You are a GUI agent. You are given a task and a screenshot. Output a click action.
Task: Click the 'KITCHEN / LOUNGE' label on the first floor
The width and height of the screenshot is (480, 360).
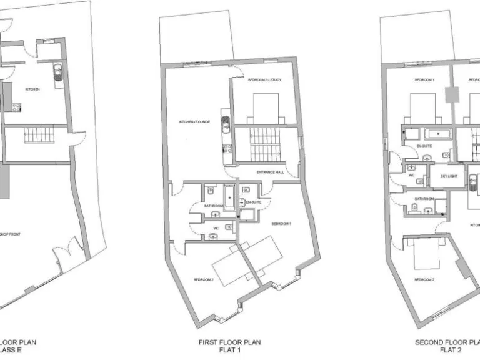pos(194,121)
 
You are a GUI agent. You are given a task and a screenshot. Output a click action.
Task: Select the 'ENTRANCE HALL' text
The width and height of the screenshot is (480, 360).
pos(271,172)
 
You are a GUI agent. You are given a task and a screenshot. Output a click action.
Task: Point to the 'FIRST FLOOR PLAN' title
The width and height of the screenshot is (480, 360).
pos(230,342)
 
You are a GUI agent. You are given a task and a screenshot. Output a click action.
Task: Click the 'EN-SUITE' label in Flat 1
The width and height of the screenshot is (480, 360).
pos(253,202)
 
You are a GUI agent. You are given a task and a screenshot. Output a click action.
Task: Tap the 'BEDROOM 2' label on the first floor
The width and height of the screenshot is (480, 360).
pos(204,279)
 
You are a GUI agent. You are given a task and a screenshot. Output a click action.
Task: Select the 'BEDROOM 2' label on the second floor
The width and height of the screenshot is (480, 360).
pos(424,279)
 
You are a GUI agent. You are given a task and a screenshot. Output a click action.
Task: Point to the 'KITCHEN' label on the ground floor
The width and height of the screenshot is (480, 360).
pos(32,89)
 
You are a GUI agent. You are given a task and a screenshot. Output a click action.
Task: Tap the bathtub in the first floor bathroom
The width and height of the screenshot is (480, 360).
pos(229,199)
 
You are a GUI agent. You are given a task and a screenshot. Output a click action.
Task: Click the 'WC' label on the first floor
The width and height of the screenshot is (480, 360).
pos(216,228)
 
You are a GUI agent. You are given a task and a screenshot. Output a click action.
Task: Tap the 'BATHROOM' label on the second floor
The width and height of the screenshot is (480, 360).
pos(424,199)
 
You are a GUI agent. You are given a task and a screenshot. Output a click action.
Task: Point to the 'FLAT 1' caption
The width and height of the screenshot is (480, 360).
pos(230,351)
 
